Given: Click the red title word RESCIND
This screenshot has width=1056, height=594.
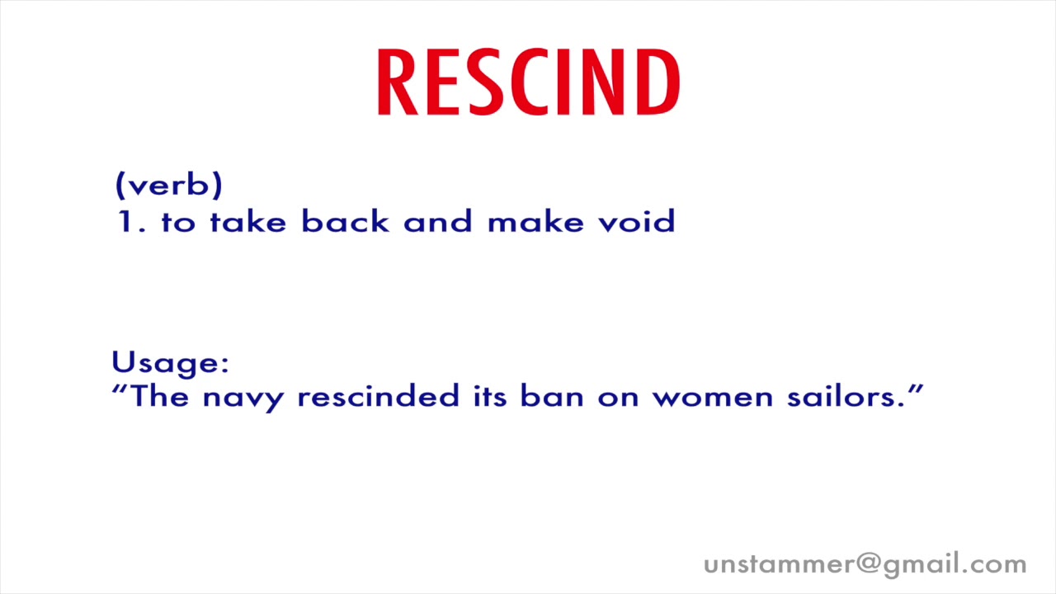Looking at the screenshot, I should coord(528,82).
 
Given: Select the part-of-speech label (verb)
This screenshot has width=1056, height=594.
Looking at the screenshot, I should coord(169,185).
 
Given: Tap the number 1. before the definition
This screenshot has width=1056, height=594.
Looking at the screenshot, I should coord(130,222).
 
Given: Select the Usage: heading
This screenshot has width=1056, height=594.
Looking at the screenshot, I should coord(170,364).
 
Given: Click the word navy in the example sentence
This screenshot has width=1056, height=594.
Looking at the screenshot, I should coord(243,398).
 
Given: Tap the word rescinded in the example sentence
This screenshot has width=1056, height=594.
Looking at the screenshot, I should coord(378,397).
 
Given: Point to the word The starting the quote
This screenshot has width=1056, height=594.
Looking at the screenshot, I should coord(160,397).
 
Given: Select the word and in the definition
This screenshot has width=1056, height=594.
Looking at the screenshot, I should coord(438,222).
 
